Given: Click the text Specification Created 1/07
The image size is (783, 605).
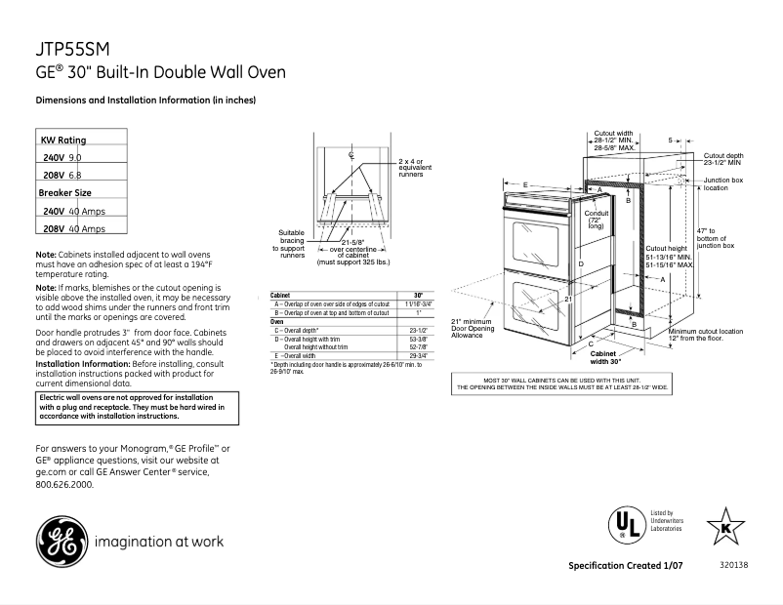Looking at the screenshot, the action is click(x=626, y=567).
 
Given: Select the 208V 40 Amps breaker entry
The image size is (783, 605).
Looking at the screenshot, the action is click(x=74, y=229).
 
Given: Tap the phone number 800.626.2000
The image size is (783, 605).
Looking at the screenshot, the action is click(x=64, y=484).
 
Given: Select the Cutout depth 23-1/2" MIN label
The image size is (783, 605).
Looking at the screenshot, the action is click(x=723, y=158).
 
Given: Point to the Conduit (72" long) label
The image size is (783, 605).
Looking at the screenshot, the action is click(x=596, y=219).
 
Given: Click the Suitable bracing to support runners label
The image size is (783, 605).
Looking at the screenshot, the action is click(x=291, y=244).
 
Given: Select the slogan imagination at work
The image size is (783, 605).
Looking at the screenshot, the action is click(x=159, y=541).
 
